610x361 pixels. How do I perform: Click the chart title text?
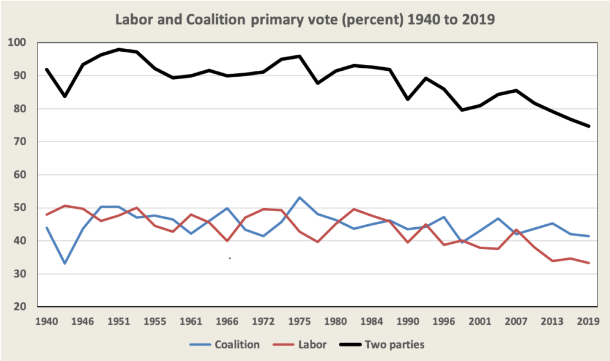[305, 19]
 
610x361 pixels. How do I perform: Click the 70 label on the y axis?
[20, 142]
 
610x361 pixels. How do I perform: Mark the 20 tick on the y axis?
[20, 307]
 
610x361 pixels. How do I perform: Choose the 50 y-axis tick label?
[20, 208]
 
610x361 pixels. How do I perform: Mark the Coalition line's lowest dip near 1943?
[64, 263]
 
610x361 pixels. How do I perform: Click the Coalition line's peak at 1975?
[300, 197]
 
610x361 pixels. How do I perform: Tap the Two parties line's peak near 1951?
[119, 49]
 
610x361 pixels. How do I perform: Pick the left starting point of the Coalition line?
[46, 228]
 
